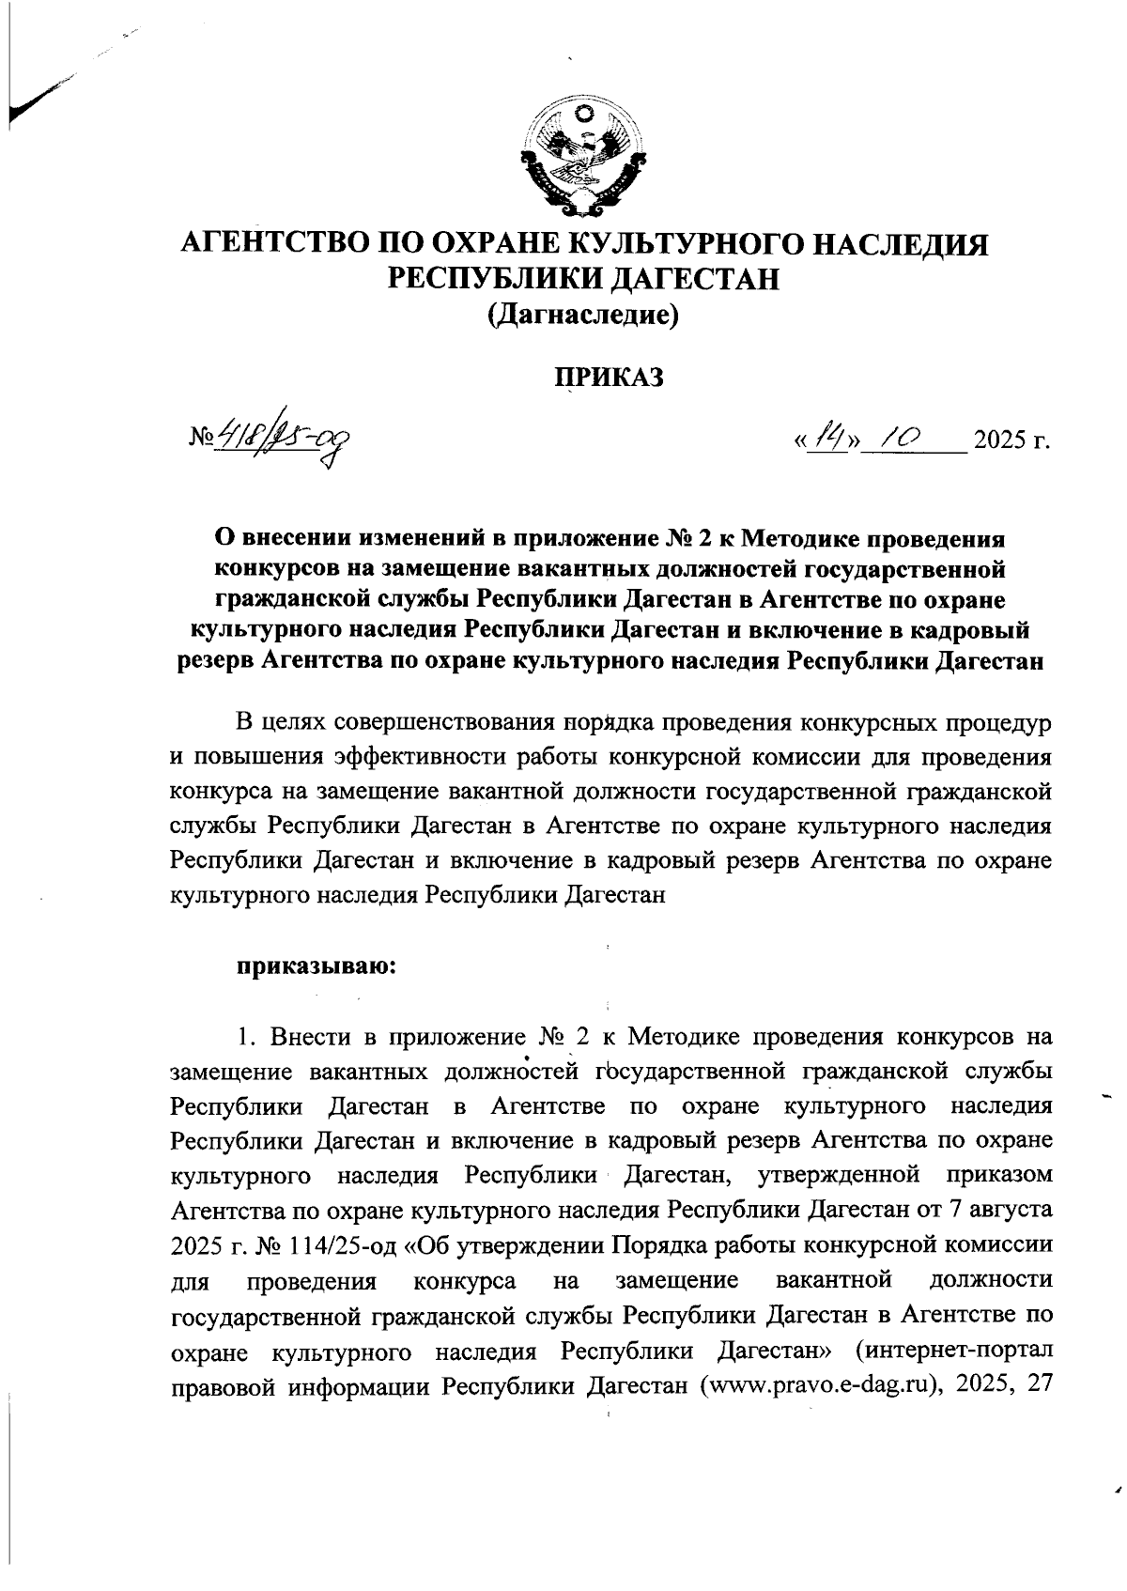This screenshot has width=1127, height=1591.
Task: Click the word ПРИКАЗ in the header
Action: (608, 377)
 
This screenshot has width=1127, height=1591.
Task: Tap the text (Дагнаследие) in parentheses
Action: (582, 317)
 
